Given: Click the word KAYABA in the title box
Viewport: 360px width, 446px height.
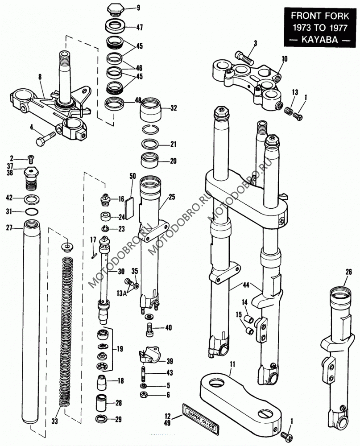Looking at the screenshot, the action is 319,39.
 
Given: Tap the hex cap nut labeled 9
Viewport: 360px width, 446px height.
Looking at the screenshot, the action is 115,9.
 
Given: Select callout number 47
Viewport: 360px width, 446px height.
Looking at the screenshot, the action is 140,28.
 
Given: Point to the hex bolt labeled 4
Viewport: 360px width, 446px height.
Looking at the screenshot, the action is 46,138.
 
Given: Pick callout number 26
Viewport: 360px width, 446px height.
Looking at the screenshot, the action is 348,272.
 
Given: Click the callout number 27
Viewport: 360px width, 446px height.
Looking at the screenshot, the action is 10,227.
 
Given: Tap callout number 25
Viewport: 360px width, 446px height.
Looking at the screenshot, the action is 172,197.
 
